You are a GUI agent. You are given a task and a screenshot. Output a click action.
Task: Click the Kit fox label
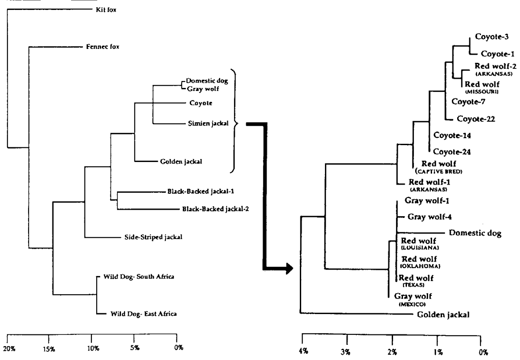[x=105, y=9]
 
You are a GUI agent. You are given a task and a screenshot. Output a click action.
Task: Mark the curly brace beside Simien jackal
[x=235, y=123]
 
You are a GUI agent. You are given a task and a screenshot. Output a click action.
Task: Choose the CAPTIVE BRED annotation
[x=439, y=172]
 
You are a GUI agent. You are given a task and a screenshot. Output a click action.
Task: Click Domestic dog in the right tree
[x=475, y=234]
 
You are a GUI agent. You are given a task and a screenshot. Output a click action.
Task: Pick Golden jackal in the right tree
[x=443, y=315]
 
